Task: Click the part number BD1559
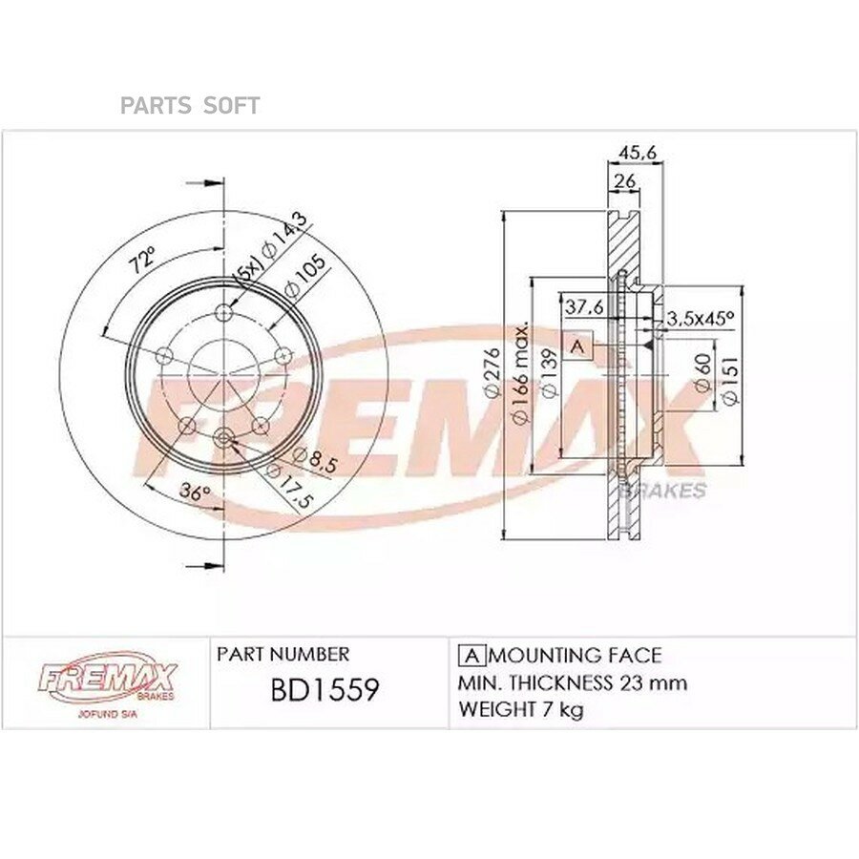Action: click(325, 689)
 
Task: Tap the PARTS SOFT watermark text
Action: click(190, 106)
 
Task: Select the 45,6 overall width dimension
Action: click(638, 153)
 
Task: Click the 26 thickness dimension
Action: click(624, 180)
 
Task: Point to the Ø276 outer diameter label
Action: click(492, 372)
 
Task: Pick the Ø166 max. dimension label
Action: click(519, 373)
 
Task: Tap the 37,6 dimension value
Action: click(584, 306)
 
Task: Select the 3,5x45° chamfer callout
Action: click(700, 318)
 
